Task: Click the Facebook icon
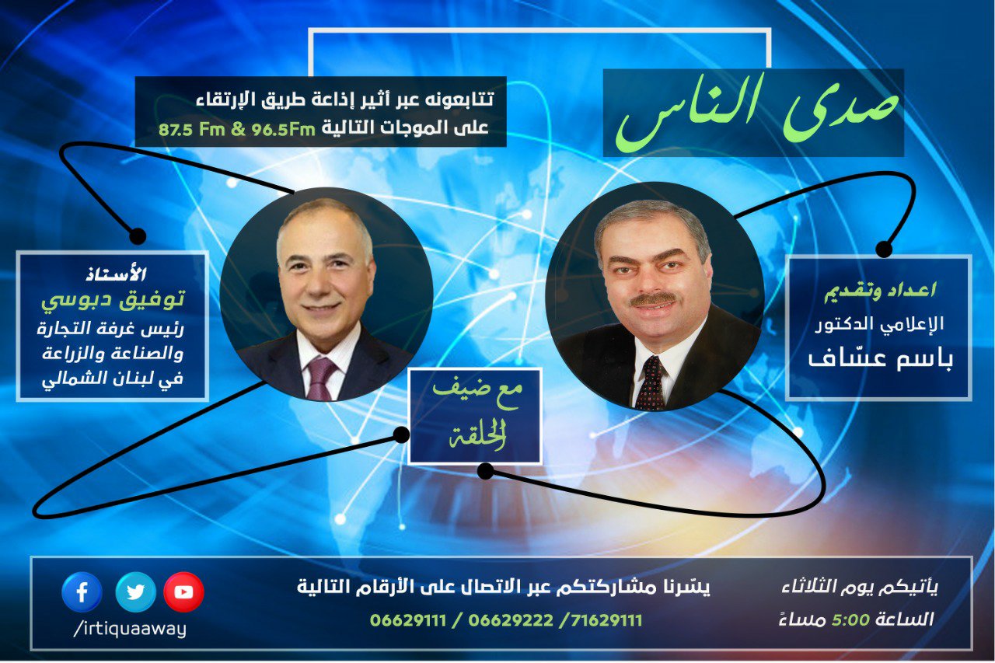[82, 592]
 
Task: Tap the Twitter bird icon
[135, 592]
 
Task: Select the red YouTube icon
[184, 592]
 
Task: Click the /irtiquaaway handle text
[130, 630]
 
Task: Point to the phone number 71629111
[606, 620]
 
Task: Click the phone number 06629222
[511, 620]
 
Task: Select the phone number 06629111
[408, 620]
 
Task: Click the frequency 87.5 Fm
[192, 129]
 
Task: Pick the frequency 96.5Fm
[284, 129]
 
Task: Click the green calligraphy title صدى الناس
[756, 112]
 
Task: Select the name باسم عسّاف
[881, 358]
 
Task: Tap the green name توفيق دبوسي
[113, 300]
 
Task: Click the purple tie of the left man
[321, 379]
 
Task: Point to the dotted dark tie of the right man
[651, 384]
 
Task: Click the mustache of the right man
[652, 299]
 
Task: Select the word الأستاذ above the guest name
[116, 274]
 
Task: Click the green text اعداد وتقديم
[880, 291]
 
